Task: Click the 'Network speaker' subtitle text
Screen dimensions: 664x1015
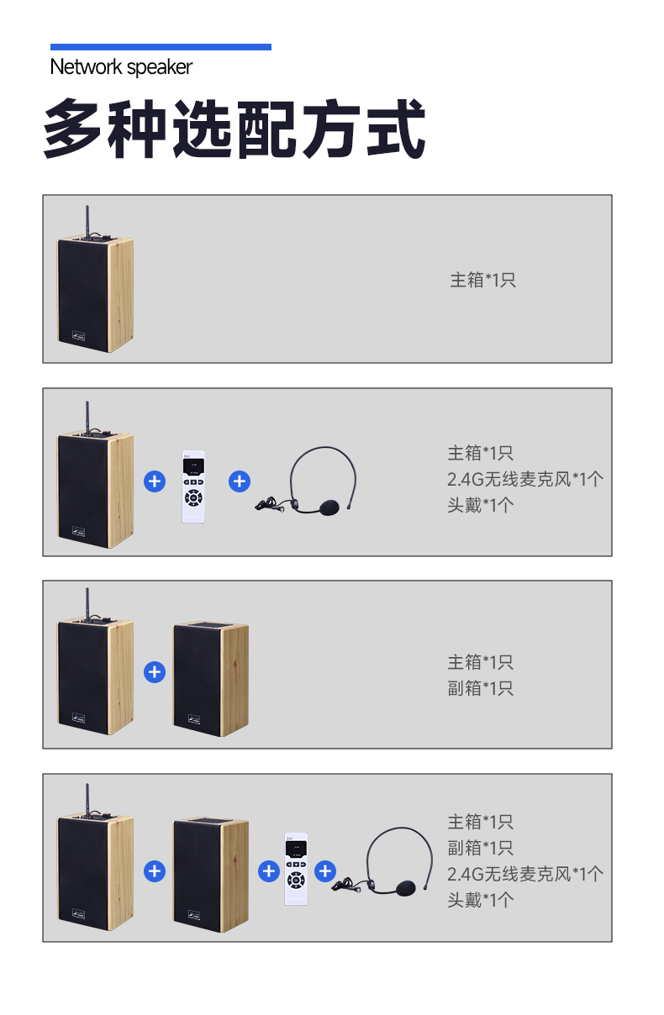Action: coord(121,67)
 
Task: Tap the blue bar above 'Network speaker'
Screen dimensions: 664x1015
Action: coord(161,47)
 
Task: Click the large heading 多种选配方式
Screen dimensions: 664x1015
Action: coord(234,129)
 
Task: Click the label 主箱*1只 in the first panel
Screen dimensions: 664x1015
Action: coord(482,280)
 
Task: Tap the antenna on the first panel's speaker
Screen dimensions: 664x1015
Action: coord(87,222)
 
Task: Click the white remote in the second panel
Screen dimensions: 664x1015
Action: coord(193,486)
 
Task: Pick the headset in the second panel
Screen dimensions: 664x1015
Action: coord(305,481)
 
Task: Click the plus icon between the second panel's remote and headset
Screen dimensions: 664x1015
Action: coord(240,481)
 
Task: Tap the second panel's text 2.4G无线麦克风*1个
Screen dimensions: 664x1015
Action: coord(524,479)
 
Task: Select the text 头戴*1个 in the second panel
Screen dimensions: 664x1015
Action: coord(481,505)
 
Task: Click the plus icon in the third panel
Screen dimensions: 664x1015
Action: coord(155,672)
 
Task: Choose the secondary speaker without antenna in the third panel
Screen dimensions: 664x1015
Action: coord(211,679)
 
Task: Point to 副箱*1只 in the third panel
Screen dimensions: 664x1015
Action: coord(481,688)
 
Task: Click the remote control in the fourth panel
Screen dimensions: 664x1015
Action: coord(296,869)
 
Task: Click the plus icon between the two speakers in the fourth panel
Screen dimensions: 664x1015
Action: coord(155,871)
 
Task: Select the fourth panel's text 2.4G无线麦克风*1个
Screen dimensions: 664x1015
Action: coord(524,874)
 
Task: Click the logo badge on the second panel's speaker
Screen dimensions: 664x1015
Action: coord(78,532)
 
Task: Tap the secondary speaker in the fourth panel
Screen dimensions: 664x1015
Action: coord(211,875)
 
